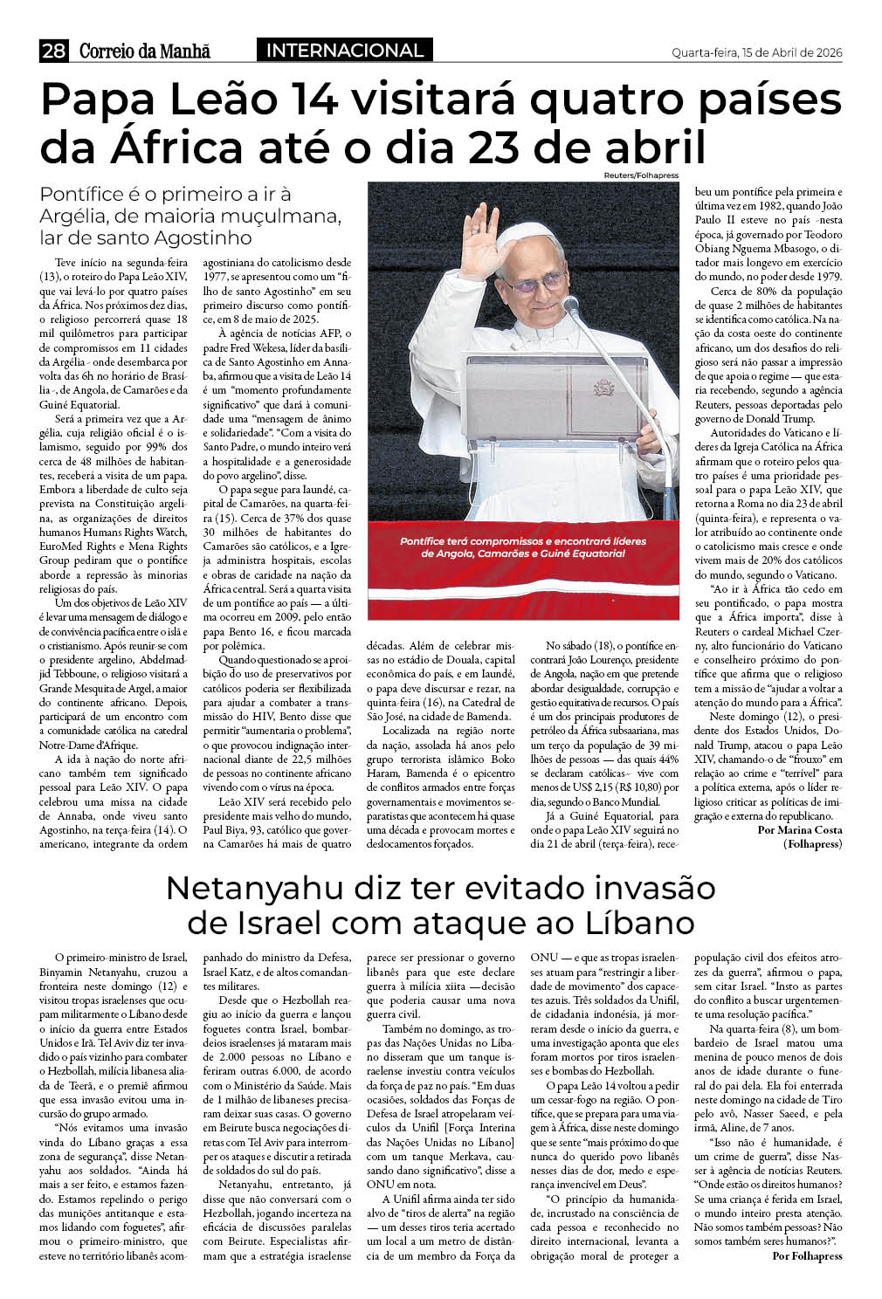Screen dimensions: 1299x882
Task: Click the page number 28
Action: click(53, 52)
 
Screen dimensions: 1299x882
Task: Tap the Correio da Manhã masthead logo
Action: click(145, 52)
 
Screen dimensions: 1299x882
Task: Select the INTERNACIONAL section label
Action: click(345, 51)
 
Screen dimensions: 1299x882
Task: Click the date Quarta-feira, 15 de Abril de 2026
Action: click(756, 52)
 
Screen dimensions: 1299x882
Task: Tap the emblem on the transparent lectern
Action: click(603, 387)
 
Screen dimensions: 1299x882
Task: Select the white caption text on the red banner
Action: click(523, 547)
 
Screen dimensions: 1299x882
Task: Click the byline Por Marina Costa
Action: click(800, 828)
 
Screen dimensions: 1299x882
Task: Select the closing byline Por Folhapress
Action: click(807, 1255)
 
